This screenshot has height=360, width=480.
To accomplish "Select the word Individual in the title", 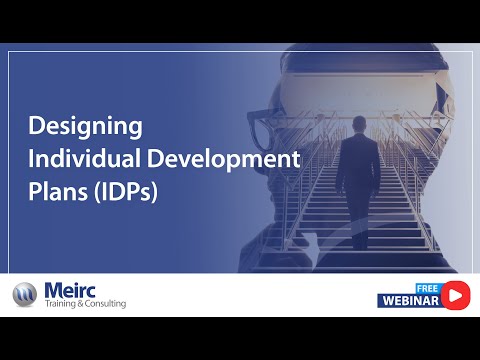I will click(70, 159).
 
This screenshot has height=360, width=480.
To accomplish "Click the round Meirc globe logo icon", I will click(24, 295).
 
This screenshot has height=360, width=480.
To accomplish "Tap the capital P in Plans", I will click(35, 191).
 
